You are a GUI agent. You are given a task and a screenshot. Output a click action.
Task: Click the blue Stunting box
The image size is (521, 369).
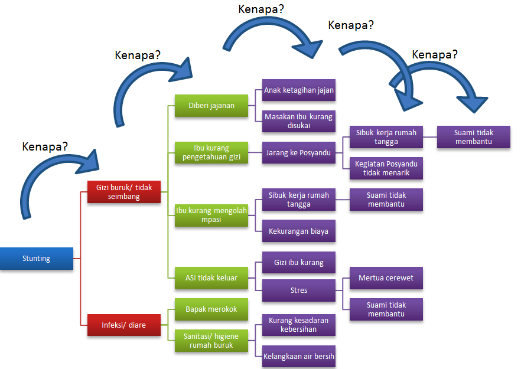coord(37,259)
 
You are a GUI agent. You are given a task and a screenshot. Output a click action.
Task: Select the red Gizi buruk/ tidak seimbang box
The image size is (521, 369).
coord(124,192)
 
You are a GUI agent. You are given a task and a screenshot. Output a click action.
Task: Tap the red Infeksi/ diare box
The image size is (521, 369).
coord(124,325)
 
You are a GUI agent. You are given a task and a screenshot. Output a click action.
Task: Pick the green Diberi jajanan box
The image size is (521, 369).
coord(211,106)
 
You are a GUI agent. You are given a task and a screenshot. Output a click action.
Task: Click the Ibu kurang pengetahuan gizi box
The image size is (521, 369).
coord(211,152)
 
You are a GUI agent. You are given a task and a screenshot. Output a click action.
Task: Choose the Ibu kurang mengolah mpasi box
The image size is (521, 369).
coord(211,215)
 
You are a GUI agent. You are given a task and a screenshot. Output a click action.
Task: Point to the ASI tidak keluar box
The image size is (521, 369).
coord(211,278)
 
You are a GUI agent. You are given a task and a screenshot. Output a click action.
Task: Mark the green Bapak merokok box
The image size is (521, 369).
coord(211,309)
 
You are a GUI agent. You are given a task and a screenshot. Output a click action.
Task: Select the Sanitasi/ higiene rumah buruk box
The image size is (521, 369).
coord(211,341)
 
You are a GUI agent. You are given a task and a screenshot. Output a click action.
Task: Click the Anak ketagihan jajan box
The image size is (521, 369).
coord(299,90)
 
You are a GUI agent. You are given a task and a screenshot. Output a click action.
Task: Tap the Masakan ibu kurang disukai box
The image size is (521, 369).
coord(299,121)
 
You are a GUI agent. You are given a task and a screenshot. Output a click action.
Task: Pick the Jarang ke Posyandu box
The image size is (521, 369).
coord(299,152)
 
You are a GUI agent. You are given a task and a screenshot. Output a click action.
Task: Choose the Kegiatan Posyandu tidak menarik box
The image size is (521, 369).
coord(386,168)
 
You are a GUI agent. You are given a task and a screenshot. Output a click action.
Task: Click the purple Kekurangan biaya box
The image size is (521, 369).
coord(299,231)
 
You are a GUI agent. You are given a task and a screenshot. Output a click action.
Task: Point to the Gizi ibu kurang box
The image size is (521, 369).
coord(299,262)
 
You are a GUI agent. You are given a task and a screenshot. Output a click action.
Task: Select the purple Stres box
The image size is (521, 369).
coord(299,290)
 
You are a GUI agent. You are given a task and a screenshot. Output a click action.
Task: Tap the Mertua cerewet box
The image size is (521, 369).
coord(386,277)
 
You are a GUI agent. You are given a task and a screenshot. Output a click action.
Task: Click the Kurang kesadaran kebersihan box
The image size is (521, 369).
coord(299,325)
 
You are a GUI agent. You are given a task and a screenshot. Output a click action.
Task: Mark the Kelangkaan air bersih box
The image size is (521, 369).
coord(299,356)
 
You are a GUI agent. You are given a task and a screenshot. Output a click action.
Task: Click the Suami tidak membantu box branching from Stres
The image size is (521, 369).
coord(386,309)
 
